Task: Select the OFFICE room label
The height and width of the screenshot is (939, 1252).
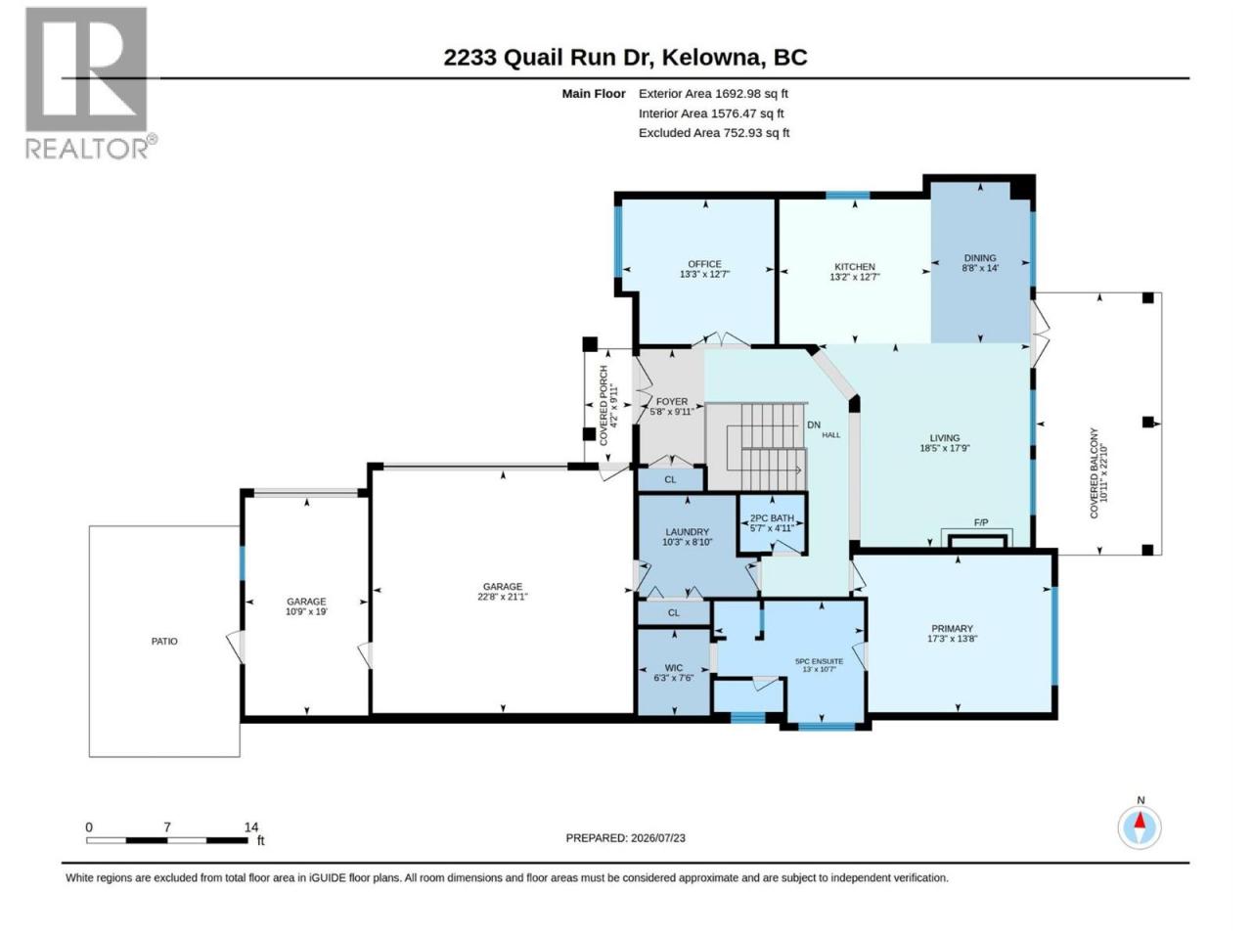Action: click(x=704, y=264)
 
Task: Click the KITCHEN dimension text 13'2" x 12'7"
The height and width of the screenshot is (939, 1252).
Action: click(x=855, y=277)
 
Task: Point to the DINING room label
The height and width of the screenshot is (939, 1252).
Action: click(x=980, y=257)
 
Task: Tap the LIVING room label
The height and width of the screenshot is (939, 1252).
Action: click(x=945, y=438)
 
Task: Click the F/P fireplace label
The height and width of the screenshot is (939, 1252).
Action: click(x=981, y=522)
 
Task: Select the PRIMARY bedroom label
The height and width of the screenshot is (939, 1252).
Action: click(x=952, y=628)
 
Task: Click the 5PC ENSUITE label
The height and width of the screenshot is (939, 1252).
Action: click(x=819, y=661)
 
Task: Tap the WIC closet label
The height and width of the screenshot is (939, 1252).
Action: click(x=673, y=668)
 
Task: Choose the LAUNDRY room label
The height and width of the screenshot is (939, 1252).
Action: click(x=687, y=532)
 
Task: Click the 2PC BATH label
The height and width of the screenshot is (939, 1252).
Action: click(x=772, y=518)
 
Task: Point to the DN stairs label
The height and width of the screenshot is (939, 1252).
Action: click(x=814, y=425)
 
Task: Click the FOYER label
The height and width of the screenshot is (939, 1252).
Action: click(x=672, y=401)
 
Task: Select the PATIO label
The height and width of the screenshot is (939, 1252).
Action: click(x=164, y=642)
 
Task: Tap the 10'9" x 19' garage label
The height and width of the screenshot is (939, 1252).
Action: click(x=306, y=611)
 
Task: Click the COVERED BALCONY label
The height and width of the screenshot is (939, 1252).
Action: click(x=1094, y=473)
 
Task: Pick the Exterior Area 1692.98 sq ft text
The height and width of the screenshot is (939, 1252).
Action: click(x=714, y=94)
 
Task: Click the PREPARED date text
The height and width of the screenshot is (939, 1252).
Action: click(x=626, y=838)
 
